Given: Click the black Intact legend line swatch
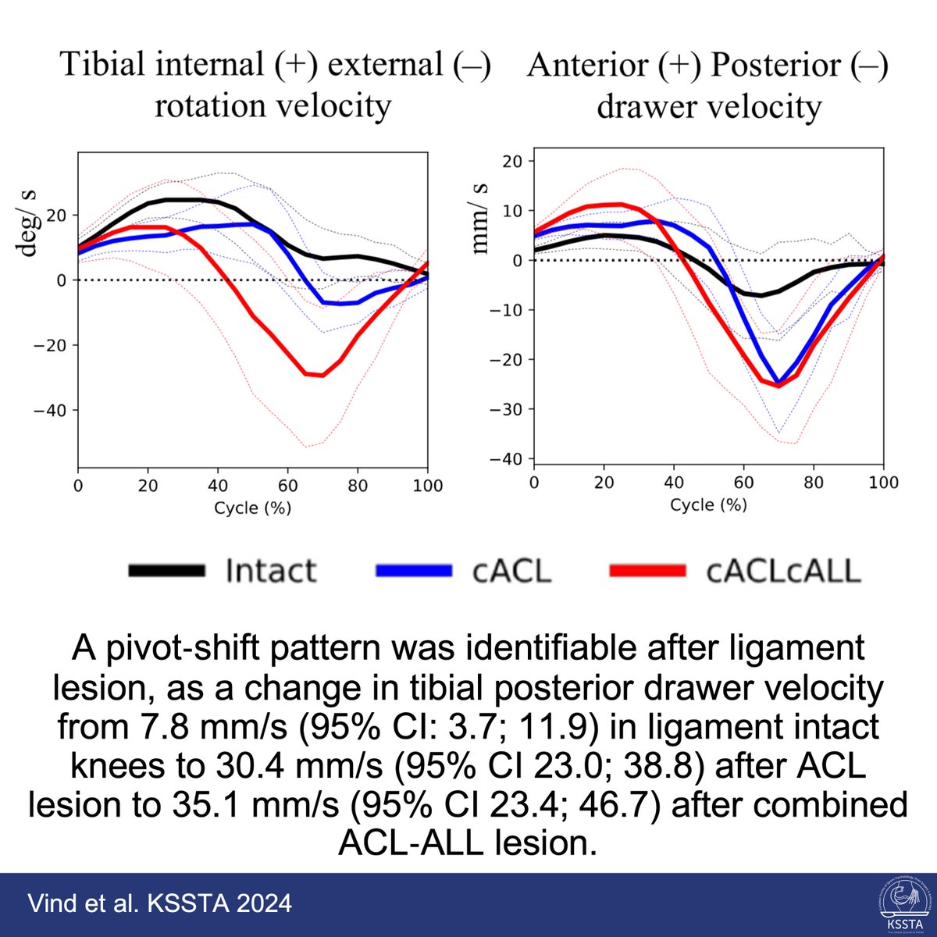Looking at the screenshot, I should (x=166, y=571).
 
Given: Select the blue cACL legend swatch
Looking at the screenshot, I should (x=414, y=571).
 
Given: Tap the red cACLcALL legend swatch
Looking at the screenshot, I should (x=647, y=571).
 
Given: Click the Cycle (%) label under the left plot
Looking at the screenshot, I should (x=252, y=508).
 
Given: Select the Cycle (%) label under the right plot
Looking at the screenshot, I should (x=708, y=504).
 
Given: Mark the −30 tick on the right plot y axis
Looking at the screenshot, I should (x=507, y=409).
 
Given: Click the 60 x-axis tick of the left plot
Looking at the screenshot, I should (x=287, y=486).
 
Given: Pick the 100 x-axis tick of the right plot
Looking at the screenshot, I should (x=883, y=483).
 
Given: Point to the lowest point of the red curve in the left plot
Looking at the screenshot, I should (x=321, y=376).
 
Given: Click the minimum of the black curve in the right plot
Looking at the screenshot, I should (x=761, y=295).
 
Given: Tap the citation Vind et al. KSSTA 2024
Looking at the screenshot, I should (x=159, y=903).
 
